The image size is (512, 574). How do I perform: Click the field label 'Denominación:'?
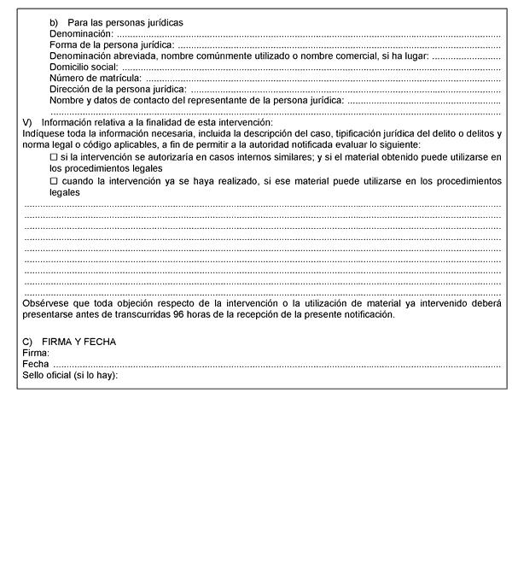[x=82, y=33]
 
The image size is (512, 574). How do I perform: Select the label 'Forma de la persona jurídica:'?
[x=111, y=44]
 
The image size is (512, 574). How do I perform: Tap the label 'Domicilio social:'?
[x=84, y=67]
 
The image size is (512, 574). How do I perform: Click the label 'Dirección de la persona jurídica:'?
[x=119, y=89]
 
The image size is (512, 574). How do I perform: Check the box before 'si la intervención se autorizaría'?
[x=53, y=157]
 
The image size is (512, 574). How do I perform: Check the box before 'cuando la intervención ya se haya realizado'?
[x=53, y=181]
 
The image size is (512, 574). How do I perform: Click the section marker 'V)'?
[x=27, y=123]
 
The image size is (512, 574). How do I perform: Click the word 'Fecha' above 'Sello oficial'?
[x=35, y=364]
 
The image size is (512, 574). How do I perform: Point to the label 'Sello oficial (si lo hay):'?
[x=70, y=375]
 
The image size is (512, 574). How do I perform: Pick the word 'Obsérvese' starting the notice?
[x=45, y=303]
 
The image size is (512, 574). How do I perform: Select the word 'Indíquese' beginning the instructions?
[x=44, y=134]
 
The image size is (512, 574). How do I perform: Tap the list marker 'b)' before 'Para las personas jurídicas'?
[x=55, y=22]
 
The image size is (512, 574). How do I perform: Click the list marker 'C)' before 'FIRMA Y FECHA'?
[x=27, y=342]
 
